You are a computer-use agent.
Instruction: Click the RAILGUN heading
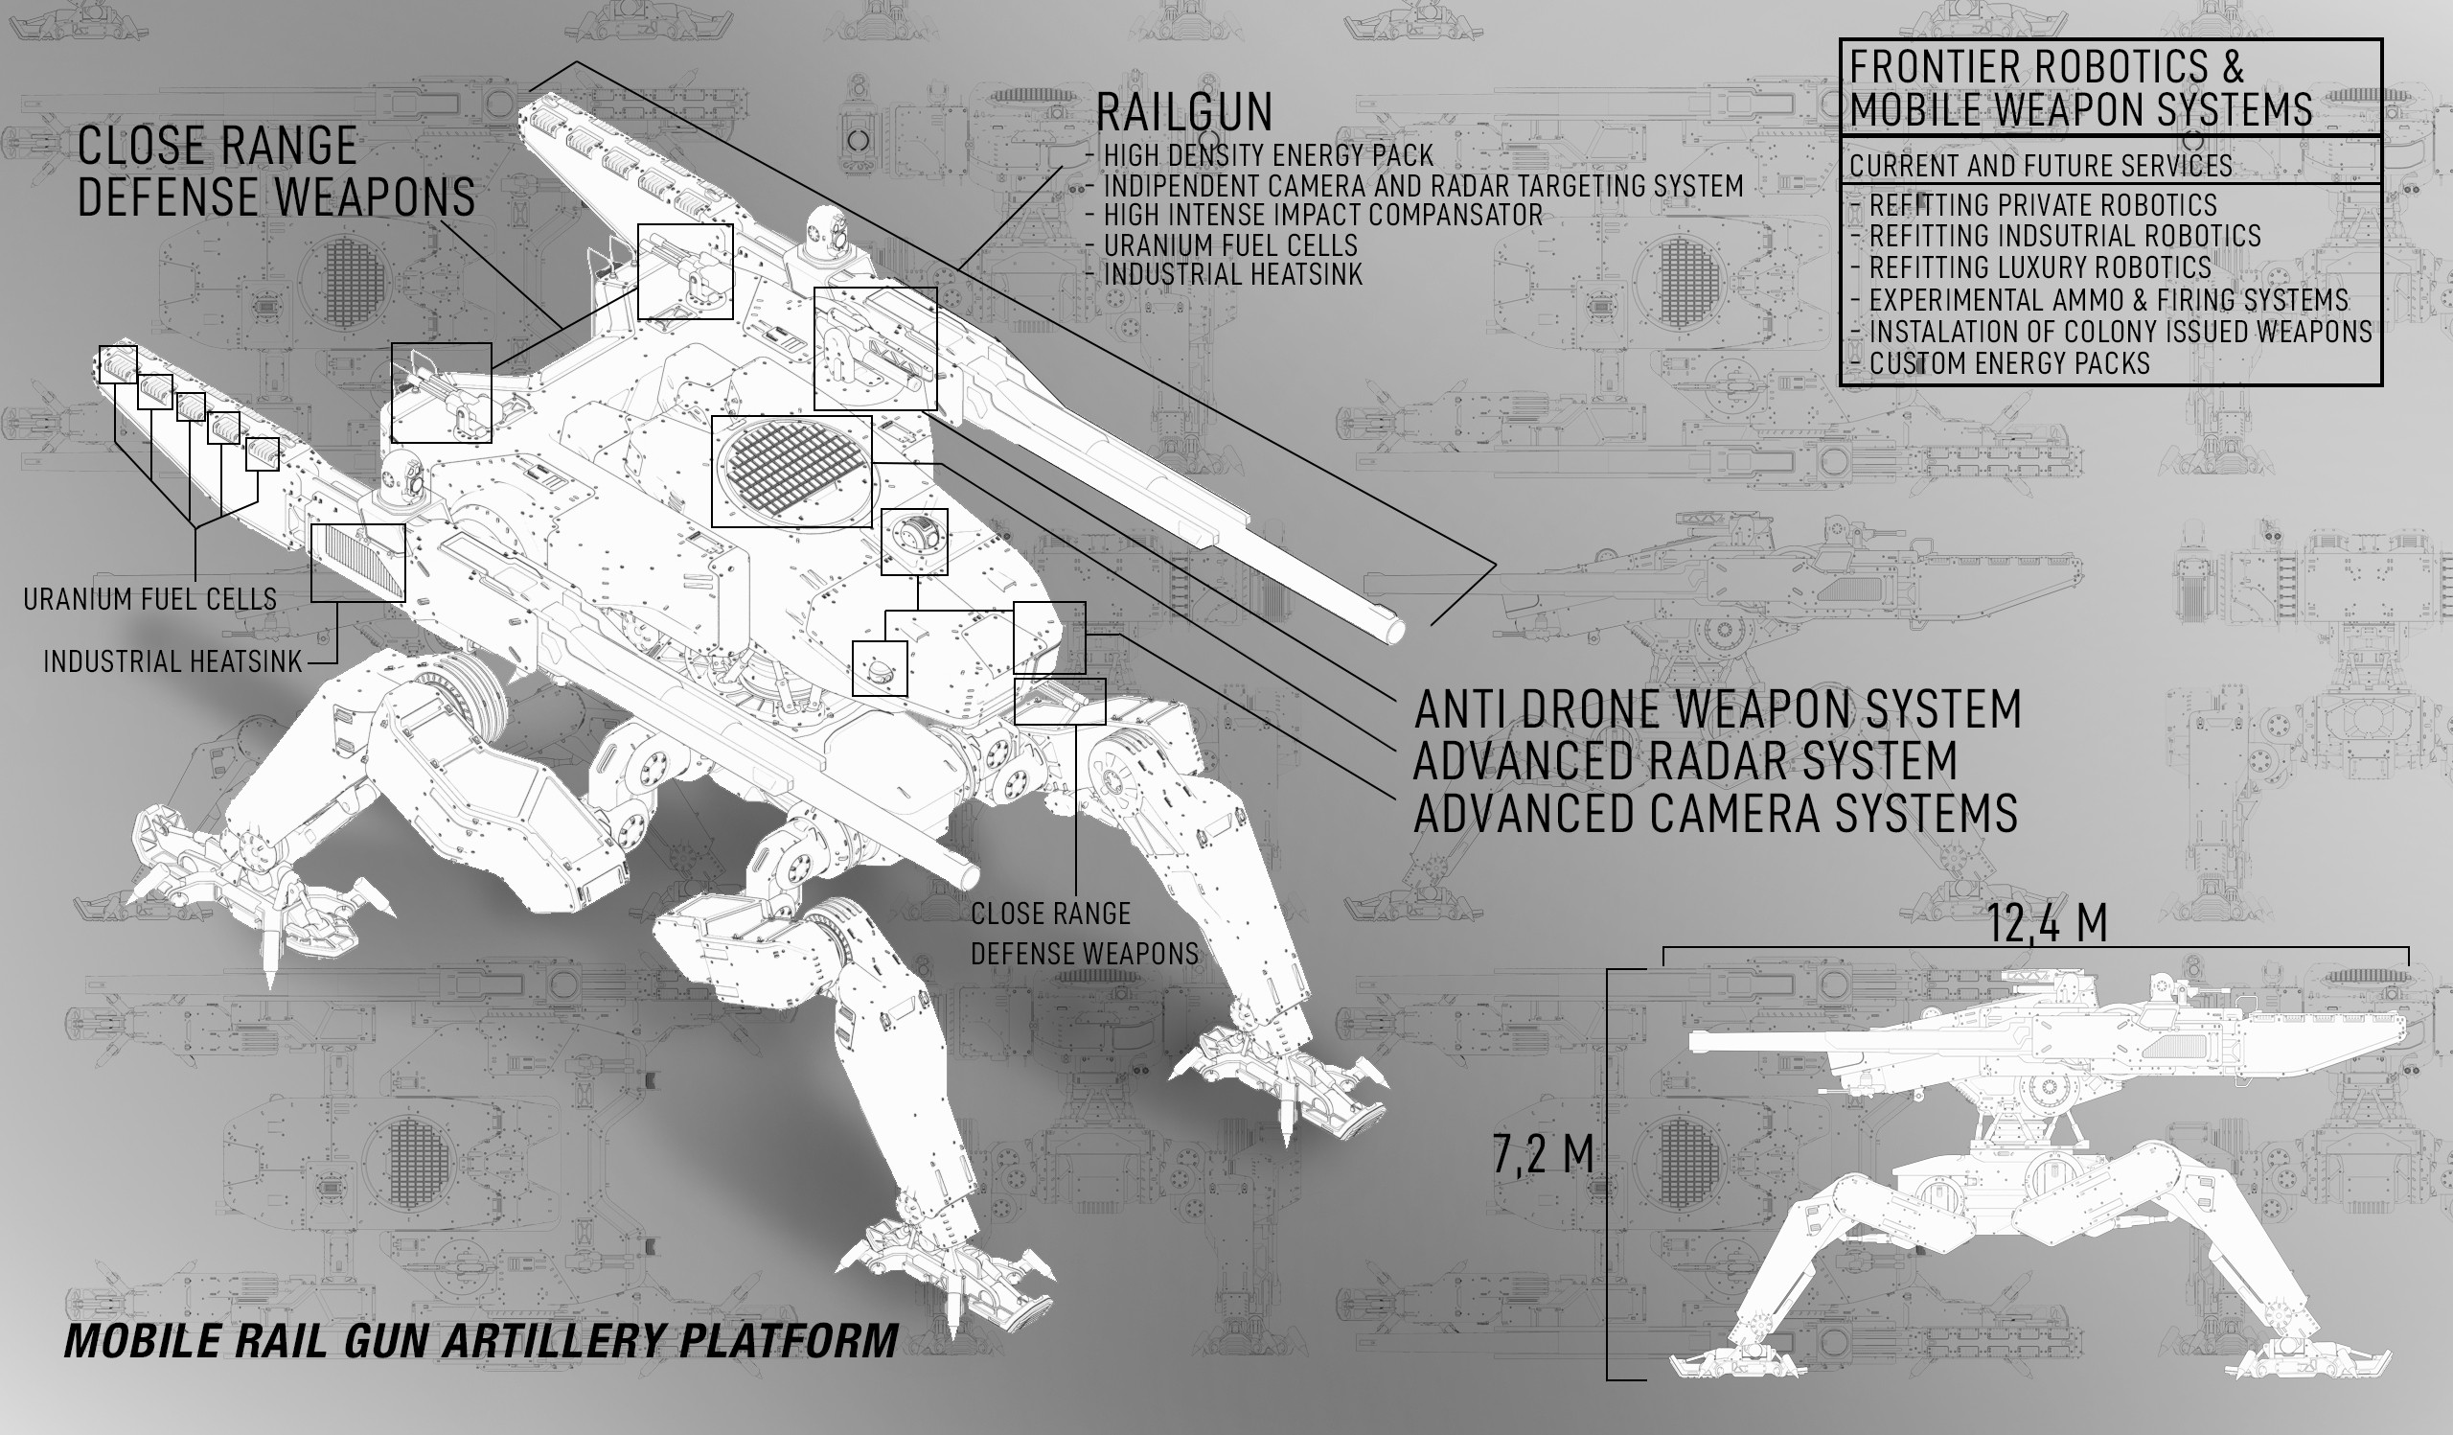coord(1183,113)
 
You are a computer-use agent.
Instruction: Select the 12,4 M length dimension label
coord(2046,924)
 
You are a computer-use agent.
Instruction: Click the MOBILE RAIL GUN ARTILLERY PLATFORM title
coord(481,1340)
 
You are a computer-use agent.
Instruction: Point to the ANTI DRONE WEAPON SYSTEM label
coord(1717,709)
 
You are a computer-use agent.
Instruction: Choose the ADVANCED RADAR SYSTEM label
coord(1684,761)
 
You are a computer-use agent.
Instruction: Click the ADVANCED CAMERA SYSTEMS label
coord(1714,814)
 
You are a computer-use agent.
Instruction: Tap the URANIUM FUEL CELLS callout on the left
coord(149,600)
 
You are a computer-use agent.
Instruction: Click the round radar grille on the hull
coord(791,472)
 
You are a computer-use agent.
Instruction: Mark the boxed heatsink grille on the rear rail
coord(357,563)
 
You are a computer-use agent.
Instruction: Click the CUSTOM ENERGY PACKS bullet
coord(2009,364)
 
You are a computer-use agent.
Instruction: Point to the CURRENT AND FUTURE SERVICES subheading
coord(2040,166)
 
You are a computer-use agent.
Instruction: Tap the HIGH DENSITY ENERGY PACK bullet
coord(1268,155)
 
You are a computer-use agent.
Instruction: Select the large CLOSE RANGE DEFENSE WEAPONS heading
coord(275,173)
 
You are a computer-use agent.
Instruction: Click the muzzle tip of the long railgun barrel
coord(1394,632)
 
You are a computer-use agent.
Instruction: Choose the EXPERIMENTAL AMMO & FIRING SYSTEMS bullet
coord(2107,300)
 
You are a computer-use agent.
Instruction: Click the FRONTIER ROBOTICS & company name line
coord(2046,67)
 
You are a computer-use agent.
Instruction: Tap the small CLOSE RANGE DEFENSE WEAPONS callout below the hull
coord(1085,934)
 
